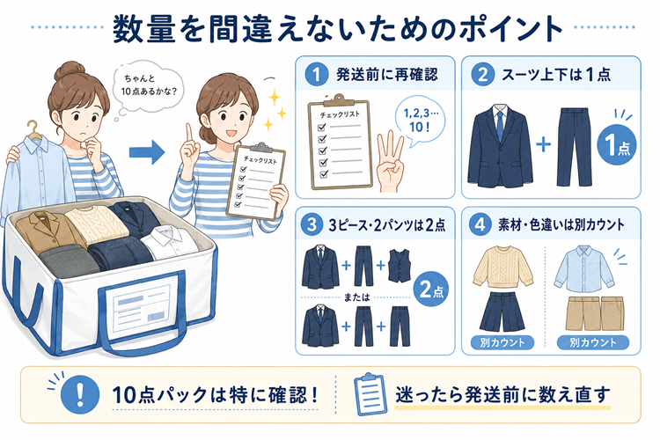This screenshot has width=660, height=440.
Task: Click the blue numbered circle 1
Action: (316, 75)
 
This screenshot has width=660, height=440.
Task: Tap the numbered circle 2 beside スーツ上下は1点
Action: (483, 75)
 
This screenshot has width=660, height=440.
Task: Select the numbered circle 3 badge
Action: (312, 224)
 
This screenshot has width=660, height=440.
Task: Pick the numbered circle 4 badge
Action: (480, 224)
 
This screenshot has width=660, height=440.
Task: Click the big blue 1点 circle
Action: (617, 145)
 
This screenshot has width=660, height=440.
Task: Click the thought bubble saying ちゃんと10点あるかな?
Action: (148, 86)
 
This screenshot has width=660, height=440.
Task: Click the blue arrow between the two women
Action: (146, 152)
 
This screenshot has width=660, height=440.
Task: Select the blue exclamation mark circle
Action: (80, 395)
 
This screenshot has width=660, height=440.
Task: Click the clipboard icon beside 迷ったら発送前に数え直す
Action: (370, 394)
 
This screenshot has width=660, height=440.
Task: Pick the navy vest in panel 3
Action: (399, 266)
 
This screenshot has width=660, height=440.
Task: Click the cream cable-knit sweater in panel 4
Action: (502, 268)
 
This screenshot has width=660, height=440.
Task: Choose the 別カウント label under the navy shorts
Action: (502, 342)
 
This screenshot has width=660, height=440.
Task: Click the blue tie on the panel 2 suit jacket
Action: (500, 125)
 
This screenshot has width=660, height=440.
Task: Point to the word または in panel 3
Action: (356, 297)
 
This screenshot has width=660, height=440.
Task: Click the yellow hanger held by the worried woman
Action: (33, 130)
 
